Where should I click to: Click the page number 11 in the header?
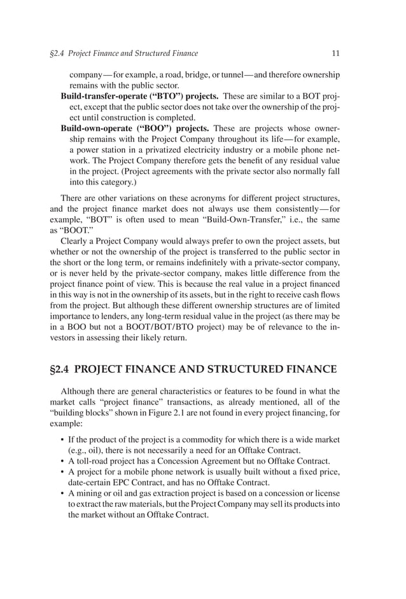coord(335,53)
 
